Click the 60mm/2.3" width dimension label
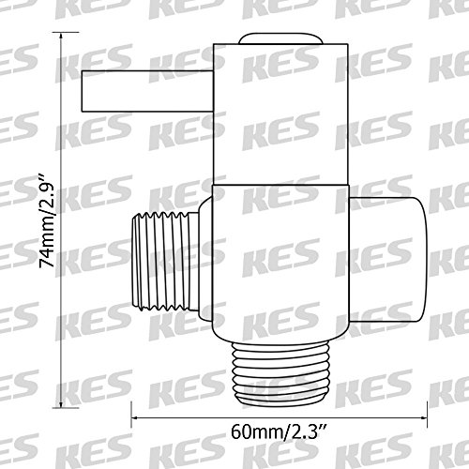pyautogui.click(x=279, y=432)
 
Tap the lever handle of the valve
pyautogui.click(x=147, y=91)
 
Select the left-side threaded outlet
pyautogui.click(x=161, y=262)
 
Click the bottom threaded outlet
pyautogui.click(x=280, y=373)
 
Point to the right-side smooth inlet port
pyautogui.click(x=387, y=260)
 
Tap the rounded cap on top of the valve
pyautogui.click(x=280, y=38)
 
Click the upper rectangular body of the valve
pyautogui.click(x=280, y=113)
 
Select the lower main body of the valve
pyautogui.click(x=280, y=264)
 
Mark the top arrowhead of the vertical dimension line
pyautogui.click(x=61, y=35)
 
